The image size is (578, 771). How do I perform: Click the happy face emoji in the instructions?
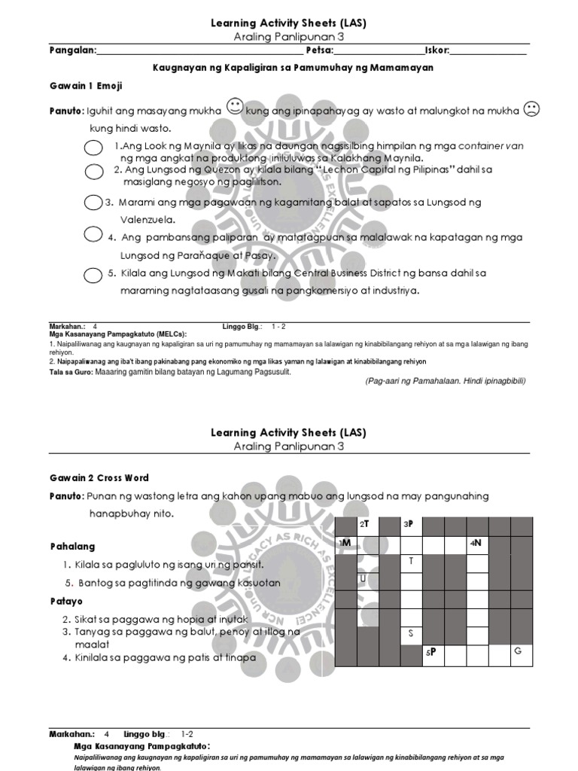(x=233, y=108)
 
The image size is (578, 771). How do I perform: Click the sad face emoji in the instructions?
(x=531, y=110)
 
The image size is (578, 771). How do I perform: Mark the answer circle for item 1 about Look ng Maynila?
(x=93, y=148)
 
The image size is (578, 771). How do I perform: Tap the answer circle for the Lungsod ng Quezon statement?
(x=94, y=172)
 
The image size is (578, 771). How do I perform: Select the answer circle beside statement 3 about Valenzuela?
(x=93, y=203)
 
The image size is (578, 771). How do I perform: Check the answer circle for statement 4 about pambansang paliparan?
(x=93, y=234)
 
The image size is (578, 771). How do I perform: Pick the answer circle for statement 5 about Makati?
(x=93, y=274)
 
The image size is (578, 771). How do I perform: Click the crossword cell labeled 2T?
(x=367, y=525)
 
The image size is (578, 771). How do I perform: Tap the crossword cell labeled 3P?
(x=411, y=525)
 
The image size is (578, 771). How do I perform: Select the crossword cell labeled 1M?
(x=346, y=544)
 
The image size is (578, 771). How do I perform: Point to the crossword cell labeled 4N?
(x=477, y=544)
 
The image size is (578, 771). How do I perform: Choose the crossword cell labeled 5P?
(x=433, y=654)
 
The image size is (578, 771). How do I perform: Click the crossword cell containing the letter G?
(x=521, y=654)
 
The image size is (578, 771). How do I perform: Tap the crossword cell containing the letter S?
(x=411, y=635)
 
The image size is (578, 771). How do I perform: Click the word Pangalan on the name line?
(x=73, y=50)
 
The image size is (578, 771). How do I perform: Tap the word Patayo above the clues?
(x=68, y=602)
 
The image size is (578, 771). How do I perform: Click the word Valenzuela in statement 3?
(x=148, y=220)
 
